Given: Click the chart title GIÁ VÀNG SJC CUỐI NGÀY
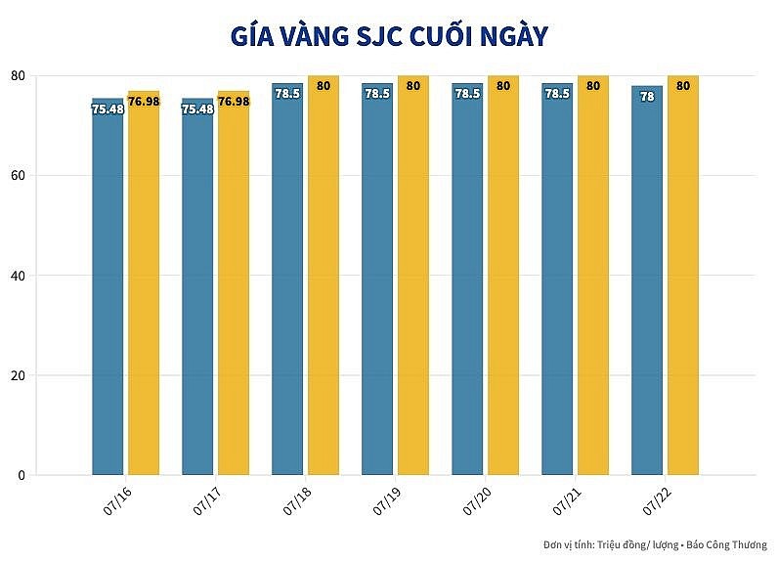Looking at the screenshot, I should click(388, 37).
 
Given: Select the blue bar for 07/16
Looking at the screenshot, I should click(108, 293).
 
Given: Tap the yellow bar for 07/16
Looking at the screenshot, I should click(144, 293).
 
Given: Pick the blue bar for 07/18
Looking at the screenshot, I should click(287, 293).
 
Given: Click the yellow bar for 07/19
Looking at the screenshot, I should click(413, 293).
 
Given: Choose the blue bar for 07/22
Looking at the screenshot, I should click(647, 293).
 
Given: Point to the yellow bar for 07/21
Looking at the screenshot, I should click(593, 293).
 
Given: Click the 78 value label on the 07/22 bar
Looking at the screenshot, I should click(647, 97).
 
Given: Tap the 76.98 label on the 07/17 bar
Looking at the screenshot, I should click(234, 102).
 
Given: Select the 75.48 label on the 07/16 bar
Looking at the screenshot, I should click(108, 109).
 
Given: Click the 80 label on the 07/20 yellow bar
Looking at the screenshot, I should click(503, 86).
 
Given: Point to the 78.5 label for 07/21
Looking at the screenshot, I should click(557, 94).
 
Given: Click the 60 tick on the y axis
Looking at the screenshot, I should click(18, 176).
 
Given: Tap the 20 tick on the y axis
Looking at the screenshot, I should click(18, 375).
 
